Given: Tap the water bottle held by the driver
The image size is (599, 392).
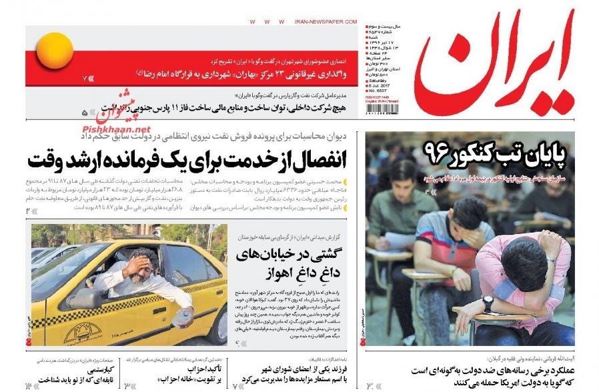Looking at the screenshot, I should point(178,319).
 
